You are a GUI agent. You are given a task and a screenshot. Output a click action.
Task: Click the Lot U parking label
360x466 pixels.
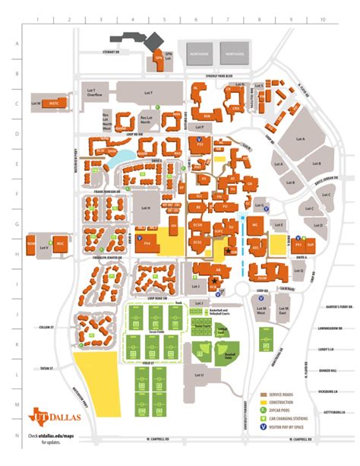(200, 375)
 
